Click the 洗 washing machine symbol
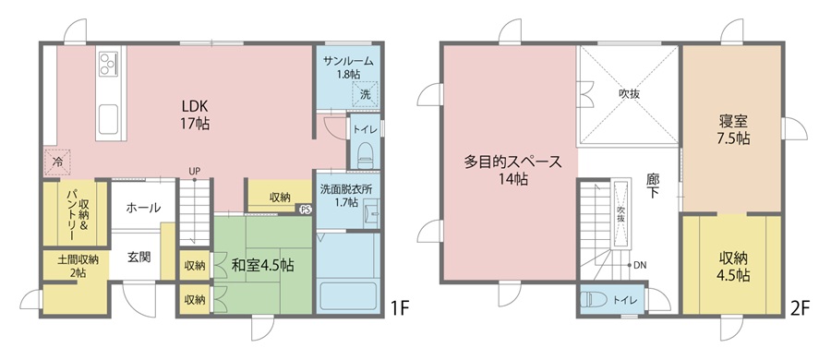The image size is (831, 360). [366, 94]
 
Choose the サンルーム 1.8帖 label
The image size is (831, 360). [348, 67]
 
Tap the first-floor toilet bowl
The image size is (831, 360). [365, 154]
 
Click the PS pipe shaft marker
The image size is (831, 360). [306, 210]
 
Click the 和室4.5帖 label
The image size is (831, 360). [263, 264]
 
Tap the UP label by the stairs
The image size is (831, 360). [195, 171]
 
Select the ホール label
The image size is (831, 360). [143, 208]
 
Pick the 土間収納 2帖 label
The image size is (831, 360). [78, 266]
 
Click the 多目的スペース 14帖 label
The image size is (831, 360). [512, 170]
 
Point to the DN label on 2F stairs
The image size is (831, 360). [640, 265]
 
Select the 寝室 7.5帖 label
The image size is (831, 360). [733, 129]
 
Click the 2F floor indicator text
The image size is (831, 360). [801, 308]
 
